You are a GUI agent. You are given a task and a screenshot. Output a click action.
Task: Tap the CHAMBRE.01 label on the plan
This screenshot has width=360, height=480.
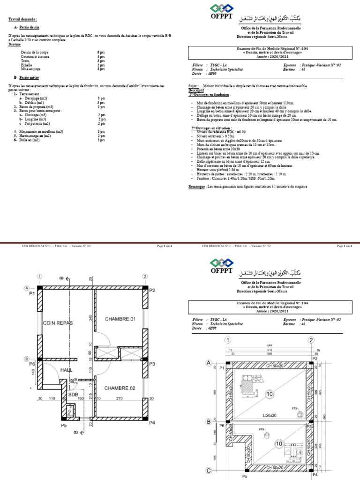click(x=120, y=319)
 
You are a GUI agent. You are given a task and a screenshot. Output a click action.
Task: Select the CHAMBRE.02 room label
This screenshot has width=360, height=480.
click(x=120, y=388)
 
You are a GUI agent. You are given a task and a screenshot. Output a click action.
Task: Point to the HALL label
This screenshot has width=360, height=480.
click(x=66, y=370)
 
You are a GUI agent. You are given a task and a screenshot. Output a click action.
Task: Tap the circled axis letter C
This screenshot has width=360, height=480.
click(x=210, y=470)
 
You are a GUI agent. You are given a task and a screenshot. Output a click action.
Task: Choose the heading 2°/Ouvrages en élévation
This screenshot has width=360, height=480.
click(x=211, y=127)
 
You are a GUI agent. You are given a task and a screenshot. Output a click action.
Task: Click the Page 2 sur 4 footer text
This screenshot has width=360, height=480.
click(x=164, y=246)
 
